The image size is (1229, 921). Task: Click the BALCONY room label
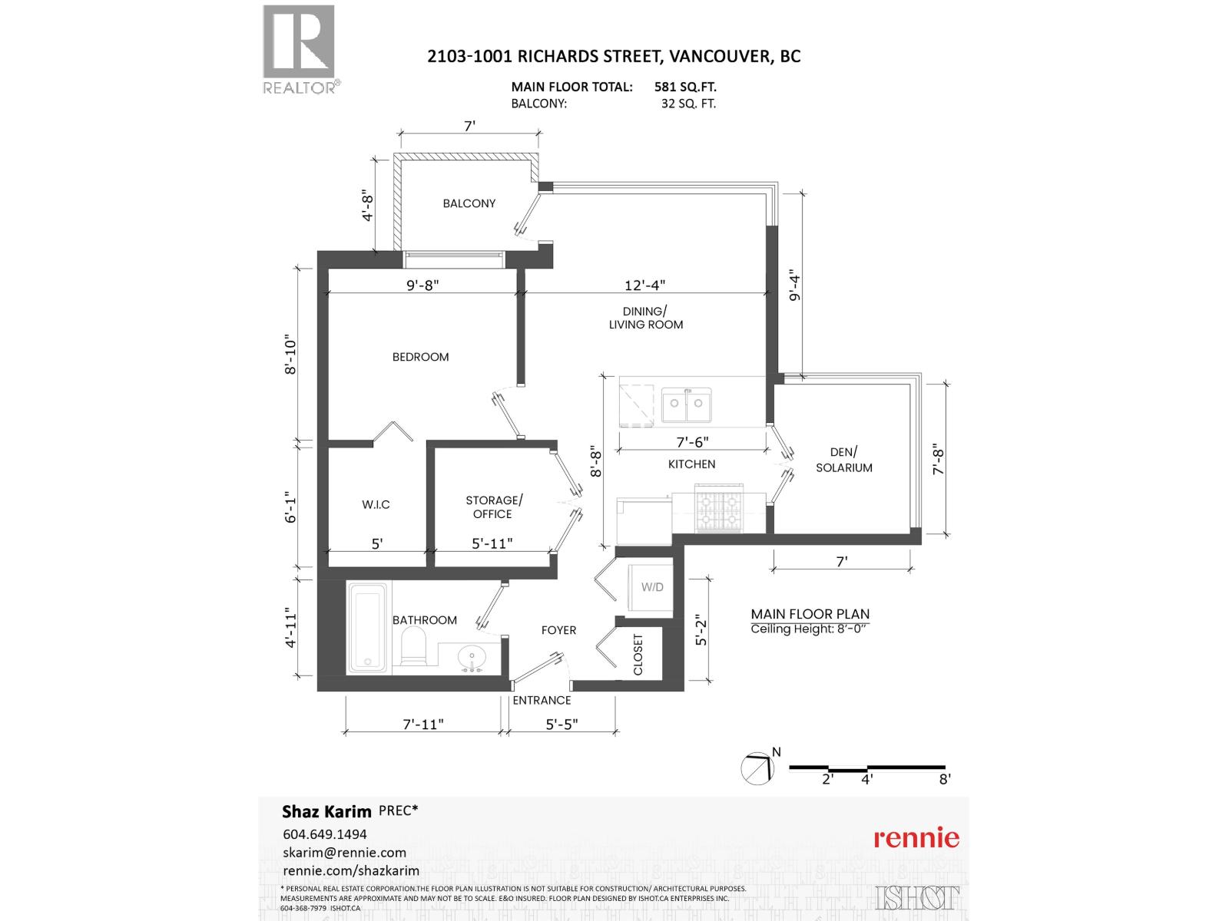pyautogui.click(x=469, y=203)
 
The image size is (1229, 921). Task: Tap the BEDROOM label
pyautogui.click(x=420, y=357)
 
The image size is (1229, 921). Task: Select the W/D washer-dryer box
pyautogui.click(x=652, y=588)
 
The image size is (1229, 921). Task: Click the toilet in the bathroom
pyautogui.click(x=414, y=646)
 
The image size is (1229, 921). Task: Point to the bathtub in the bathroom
pyautogui.click(x=369, y=627)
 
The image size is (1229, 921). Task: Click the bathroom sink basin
pyautogui.click(x=470, y=657)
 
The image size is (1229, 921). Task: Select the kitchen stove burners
pyautogui.click(x=719, y=507)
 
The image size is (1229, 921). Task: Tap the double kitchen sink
pyautogui.click(x=687, y=404)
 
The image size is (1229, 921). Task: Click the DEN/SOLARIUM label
pyautogui.click(x=843, y=460)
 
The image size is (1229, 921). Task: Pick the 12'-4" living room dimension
pyautogui.click(x=644, y=285)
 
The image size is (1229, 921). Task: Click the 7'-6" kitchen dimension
pyautogui.click(x=692, y=442)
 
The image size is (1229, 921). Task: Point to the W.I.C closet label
pyautogui.click(x=376, y=504)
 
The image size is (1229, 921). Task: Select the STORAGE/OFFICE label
pyautogui.click(x=493, y=507)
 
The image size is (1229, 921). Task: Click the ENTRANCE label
pyautogui.click(x=542, y=700)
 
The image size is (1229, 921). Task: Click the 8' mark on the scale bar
pyautogui.click(x=945, y=778)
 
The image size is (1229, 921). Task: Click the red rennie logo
pyautogui.click(x=916, y=837)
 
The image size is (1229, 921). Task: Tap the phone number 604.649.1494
pyautogui.click(x=325, y=834)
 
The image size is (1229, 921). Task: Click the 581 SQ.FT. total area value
pyautogui.click(x=685, y=87)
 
